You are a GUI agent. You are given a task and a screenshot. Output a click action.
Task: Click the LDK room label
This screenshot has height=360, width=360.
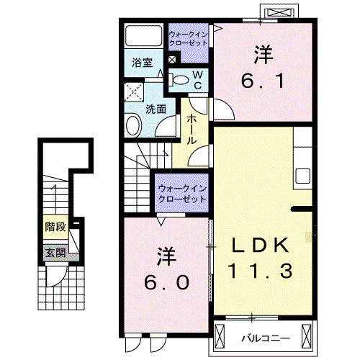[x=261, y=246]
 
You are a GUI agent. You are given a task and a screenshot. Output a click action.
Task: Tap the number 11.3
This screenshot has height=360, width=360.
[x=261, y=271]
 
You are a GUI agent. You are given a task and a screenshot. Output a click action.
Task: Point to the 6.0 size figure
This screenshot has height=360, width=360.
[x=167, y=282]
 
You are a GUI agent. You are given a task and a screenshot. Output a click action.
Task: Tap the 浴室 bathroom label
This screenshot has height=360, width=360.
[x=141, y=63]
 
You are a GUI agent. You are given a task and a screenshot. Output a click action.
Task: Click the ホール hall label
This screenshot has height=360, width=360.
[x=192, y=130]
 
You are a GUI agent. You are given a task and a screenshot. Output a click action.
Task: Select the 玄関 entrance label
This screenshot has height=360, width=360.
[x=55, y=253]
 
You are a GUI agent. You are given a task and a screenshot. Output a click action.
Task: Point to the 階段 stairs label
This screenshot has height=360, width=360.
[x=55, y=227]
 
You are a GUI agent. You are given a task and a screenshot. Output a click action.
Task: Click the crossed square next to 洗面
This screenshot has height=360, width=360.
[x=133, y=92]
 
